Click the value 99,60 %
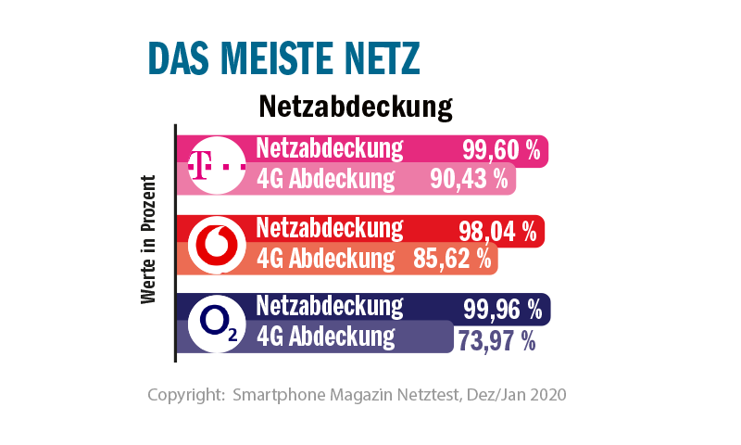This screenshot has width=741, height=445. click(501, 151)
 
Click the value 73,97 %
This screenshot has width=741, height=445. click(496, 341)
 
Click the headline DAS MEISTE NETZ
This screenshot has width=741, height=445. click(285, 58)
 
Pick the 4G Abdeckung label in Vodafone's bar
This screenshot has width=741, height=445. click(325, 259)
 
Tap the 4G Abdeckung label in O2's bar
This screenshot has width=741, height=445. click(325, 336)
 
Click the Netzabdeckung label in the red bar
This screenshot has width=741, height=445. click(330, 228)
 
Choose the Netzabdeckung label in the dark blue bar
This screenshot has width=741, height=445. click(330, 306)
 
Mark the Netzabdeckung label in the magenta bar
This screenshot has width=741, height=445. click(330, 148)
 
